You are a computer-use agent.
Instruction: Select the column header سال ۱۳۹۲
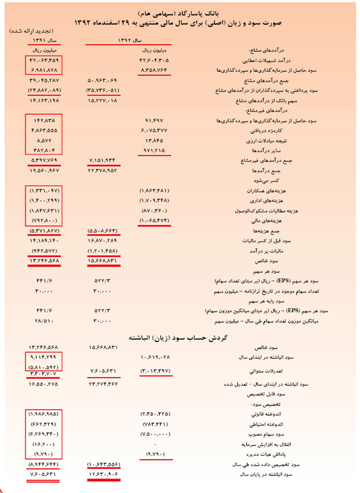(x=129, y=40)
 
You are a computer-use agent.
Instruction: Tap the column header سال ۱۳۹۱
(x=44, y=40)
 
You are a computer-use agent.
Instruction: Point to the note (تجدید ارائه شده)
(x=31, y=31)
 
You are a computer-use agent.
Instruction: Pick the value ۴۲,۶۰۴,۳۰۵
(x=154, y=60)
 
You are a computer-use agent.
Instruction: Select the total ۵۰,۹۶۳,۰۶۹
(x=102, y=80)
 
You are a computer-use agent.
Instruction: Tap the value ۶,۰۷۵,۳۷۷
(x=154, y=130)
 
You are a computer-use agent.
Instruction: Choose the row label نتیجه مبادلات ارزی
(x=264, y=141)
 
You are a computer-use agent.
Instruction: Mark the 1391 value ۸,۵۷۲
(x=44, y=141)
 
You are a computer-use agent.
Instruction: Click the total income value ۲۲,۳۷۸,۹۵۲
(x=103, y=171)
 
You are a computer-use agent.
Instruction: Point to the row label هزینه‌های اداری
(x=266, y=201)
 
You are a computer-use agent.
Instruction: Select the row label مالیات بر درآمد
(x=266, y=251)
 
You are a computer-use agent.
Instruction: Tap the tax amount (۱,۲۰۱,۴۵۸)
(x=103, y=251)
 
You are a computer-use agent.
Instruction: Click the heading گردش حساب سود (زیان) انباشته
(x=178, y=338)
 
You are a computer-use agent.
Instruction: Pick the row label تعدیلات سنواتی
(x=266, y=371)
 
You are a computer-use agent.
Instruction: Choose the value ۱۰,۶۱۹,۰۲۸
(x=155, y=357)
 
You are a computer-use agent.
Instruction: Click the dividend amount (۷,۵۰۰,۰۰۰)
(x=155, y=434)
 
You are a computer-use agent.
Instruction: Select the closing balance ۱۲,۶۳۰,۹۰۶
(x=103, y=474)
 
